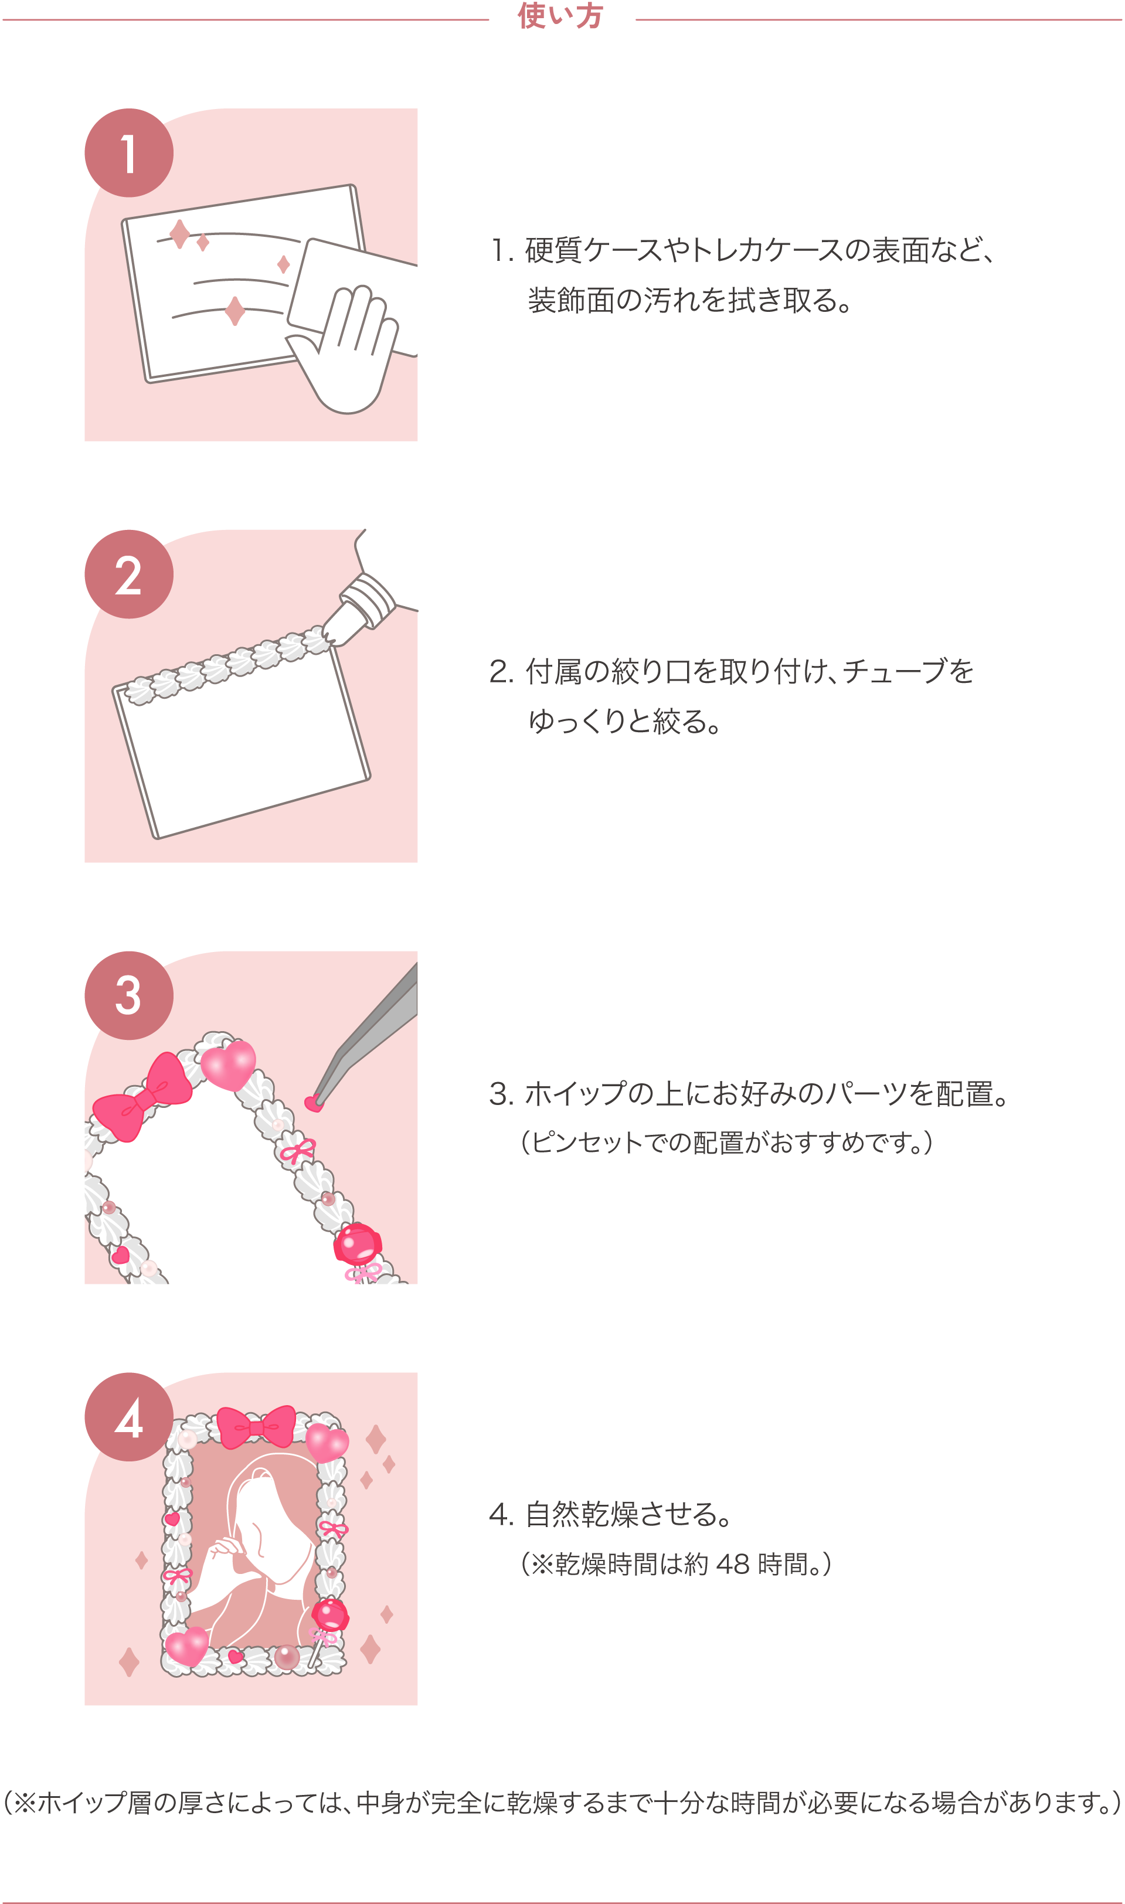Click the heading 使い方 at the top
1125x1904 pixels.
click(560, 16)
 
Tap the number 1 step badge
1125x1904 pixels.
click(129, 153)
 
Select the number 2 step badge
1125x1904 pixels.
click(129, 574)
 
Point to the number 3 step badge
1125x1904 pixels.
click(129, 996)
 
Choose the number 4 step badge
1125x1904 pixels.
click(129, 1417)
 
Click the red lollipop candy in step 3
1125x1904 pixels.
click(358, 1245)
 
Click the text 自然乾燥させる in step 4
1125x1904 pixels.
click(620, 1514)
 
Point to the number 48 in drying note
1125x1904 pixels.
click(732, 1563)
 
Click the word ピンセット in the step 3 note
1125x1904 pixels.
click(587, 1143)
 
